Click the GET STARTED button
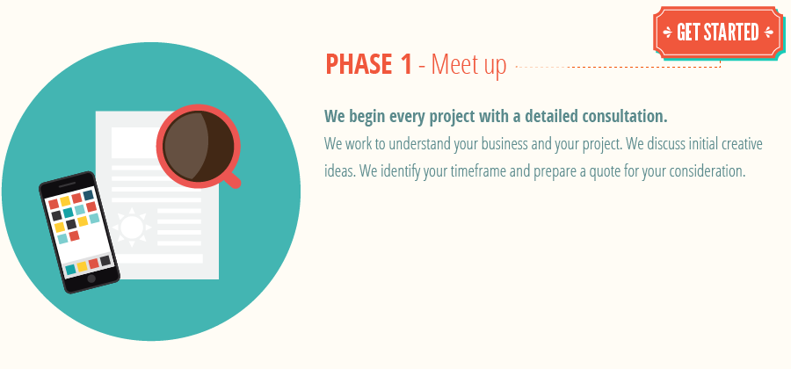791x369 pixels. click(x=717, y=33)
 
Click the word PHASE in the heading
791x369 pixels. click(x=357, y=65)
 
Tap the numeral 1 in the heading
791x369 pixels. click(x=404, y=65)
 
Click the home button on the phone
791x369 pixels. click(x=91, y=279)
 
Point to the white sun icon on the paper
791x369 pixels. click(x=132, y=228)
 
